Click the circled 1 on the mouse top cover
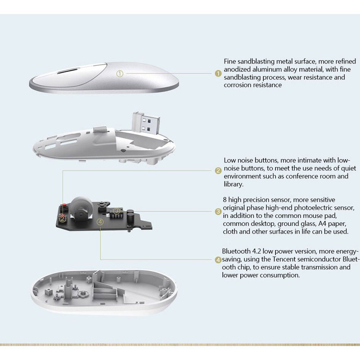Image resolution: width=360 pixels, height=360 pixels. [119, 73]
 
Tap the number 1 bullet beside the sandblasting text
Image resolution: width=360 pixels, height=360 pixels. [218, 73]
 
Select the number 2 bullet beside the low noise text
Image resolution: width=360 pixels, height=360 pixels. [218, 170]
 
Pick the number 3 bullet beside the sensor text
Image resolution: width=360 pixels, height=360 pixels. [218, 211]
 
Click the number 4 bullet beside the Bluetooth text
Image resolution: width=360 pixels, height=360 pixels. [218, 260]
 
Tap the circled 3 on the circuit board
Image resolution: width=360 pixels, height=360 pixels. [117, 211]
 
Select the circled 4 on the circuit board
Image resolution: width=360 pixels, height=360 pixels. [100, 221]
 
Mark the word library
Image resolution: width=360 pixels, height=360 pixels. [234, 184]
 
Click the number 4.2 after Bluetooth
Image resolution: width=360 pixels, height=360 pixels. [258, 251]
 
